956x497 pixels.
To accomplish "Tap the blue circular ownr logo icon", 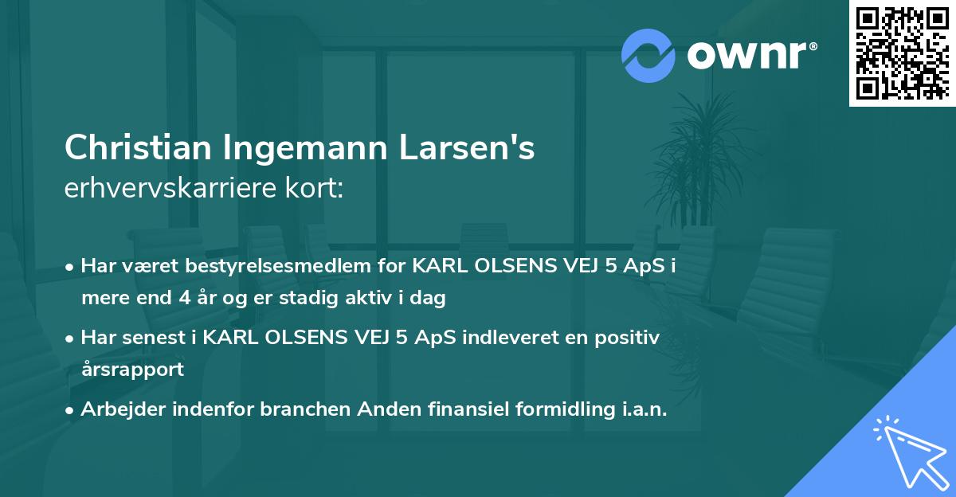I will tap(649, 55).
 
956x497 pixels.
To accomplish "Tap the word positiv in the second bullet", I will tap(629, 338).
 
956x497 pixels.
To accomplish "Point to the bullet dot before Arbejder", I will tap(71, 410).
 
